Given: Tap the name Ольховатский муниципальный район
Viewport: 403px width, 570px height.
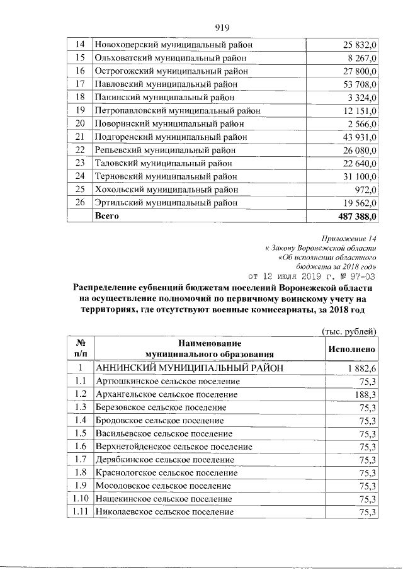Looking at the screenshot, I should click(170, 58).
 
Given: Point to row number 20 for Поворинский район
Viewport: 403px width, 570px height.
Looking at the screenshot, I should click(79, 123).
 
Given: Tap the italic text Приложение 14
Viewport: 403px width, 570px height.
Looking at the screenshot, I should click(348, 239).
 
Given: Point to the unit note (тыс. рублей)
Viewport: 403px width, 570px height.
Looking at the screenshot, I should click(349, 331).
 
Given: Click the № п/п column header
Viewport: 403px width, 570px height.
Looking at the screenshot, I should click(79, 348).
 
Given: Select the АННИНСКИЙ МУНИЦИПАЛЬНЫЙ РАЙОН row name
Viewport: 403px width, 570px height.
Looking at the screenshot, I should click(188, 368).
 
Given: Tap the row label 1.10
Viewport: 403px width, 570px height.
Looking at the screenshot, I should click(79, 499).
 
